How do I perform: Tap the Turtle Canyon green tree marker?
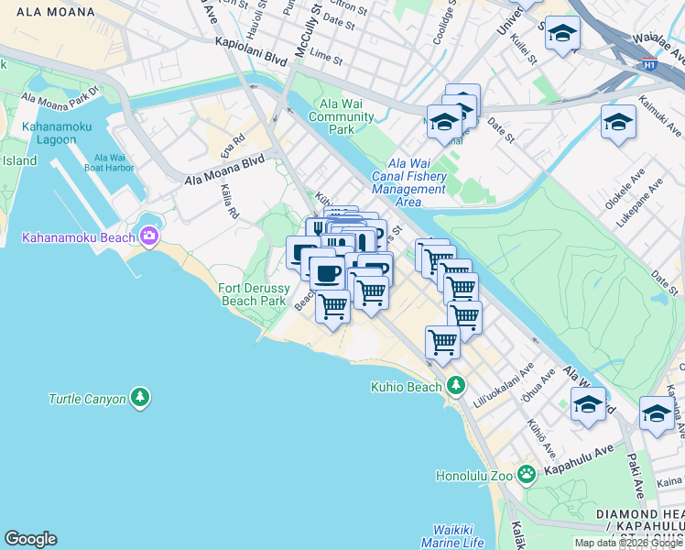pyautogui.click(x=140, y=398)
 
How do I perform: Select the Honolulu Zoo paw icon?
pyautogui.click(x=526, y=474)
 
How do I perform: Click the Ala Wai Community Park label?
pyautogui.click(x=341, y=116)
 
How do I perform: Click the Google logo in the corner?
pyautogui.click(x=30, y=539)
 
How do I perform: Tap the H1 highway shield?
pyautogui.click(x=649, y=65)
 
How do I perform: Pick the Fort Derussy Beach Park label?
pyautogui.click(x=255, y=293)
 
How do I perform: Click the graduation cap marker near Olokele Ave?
pyautogui.click(x=618, y=122)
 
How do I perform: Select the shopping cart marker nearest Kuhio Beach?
pyautogui.click(x=443, y=342)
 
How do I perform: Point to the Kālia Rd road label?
pyautogui.click(x=229, y=202)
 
